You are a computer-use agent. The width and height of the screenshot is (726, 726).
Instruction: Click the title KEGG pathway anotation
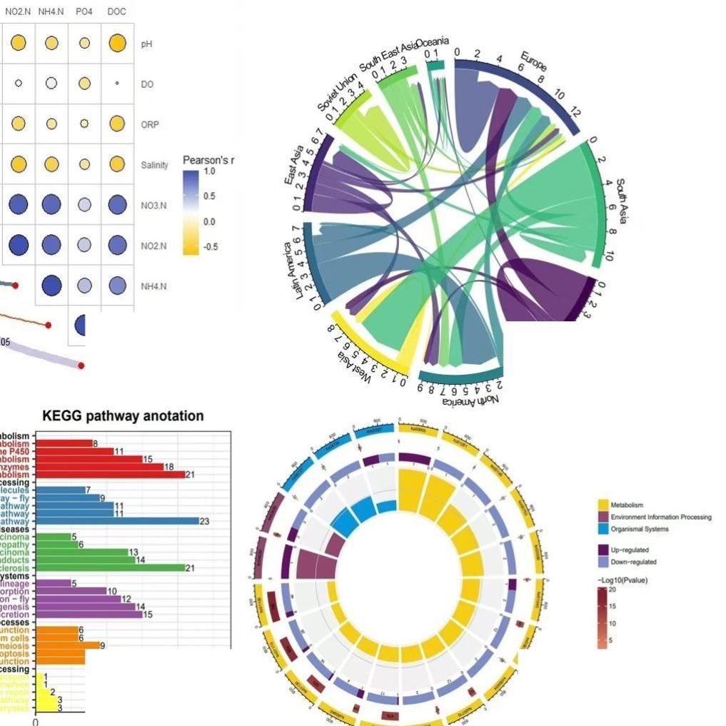click(123, 415)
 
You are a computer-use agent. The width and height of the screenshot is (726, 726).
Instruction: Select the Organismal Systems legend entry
click(640, 529)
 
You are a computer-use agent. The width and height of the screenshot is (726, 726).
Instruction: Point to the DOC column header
click(116, 12)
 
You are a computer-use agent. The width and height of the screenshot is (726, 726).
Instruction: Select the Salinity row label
click(155, 165)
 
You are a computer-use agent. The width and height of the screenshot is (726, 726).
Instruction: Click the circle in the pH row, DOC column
click(117, 44)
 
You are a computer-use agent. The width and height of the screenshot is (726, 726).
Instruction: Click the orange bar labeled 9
click(68, 645)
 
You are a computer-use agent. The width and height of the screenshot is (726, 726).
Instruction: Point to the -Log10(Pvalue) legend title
click(622, 580)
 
